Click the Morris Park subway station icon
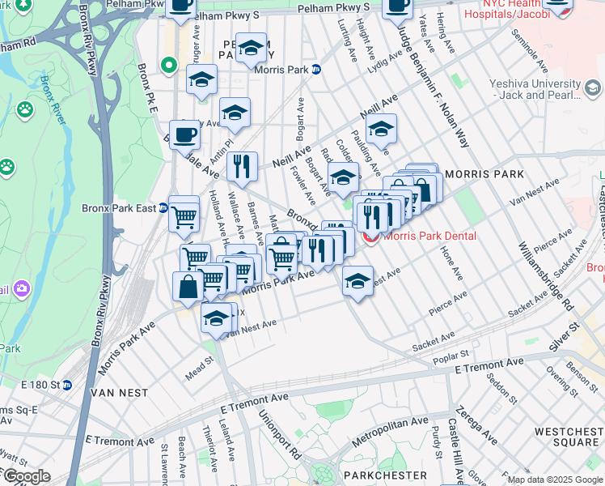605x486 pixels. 317,70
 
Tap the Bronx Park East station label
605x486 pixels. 119,207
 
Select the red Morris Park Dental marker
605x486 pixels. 371,237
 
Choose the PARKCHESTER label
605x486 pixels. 384,475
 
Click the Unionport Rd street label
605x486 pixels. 279,435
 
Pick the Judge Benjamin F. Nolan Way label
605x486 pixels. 432,85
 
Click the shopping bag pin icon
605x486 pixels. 188,288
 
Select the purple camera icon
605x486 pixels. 20,287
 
